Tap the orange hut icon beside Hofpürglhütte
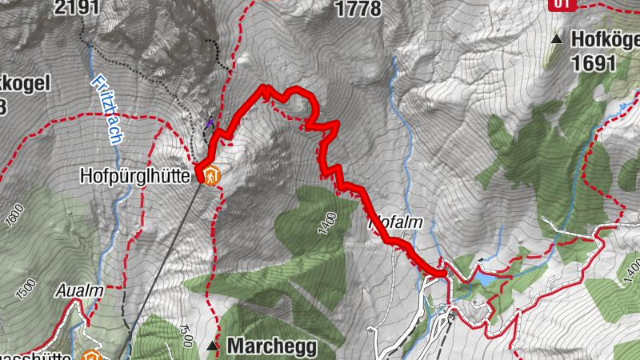pyautogui.click(x=211, y=175)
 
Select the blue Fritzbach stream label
pyautogui.click(x=106, y=109)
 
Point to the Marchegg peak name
pyautogui.click(x=272, y=347)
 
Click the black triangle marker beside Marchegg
pyautogui.click(x=212, y=346)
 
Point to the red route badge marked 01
pyautogui.click(x=562, y=4)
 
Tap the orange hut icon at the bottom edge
pyautogui.click(x=90, y=354)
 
